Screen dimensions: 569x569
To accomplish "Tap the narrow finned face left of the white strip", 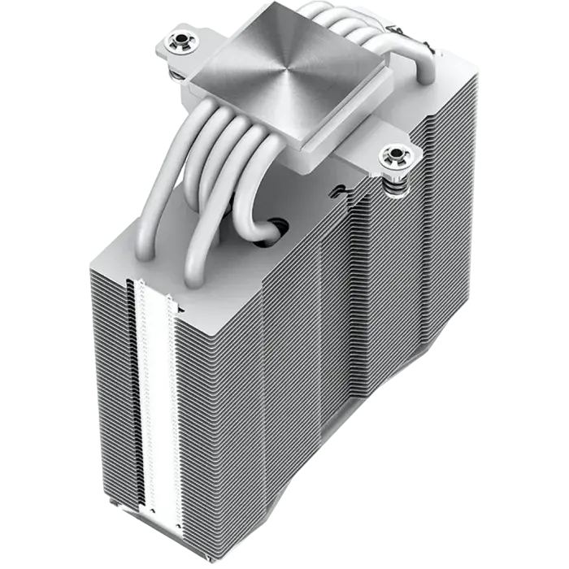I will point(110,390).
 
